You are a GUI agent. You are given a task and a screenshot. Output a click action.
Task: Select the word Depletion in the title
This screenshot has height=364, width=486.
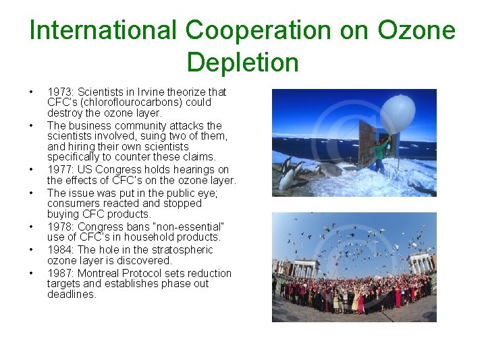point(242,62)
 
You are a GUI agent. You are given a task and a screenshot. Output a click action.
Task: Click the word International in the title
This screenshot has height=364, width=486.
point(102,30)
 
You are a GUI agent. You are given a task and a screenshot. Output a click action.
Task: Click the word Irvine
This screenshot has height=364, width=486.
point(153,92)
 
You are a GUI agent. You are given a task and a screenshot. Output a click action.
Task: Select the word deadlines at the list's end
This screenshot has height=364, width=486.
point(72,295)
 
